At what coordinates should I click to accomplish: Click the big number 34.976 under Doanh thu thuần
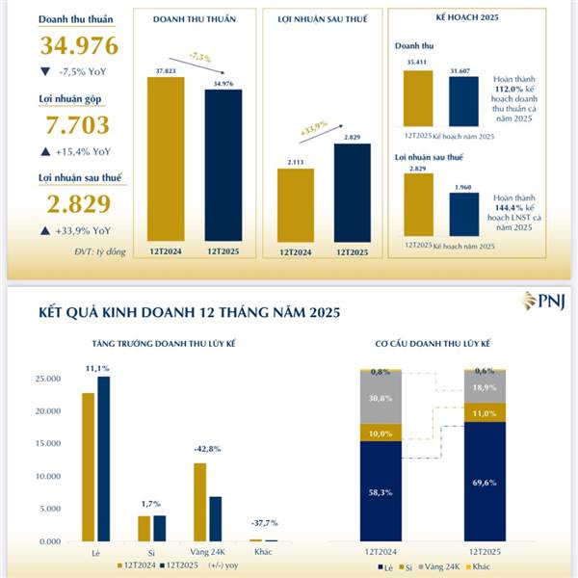coord(79,45)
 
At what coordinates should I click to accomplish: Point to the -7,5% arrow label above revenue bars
coord(200,58)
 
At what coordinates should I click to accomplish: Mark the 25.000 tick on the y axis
coord(49,379)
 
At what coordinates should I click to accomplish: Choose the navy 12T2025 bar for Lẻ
coord(103,459)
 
